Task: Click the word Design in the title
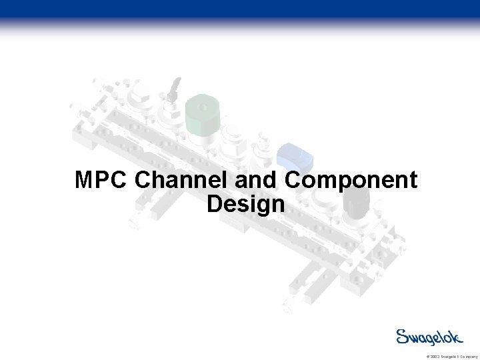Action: (x=245, y=204)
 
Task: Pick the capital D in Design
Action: (x=215, y=204)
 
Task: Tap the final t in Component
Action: (x=413, y=181)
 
